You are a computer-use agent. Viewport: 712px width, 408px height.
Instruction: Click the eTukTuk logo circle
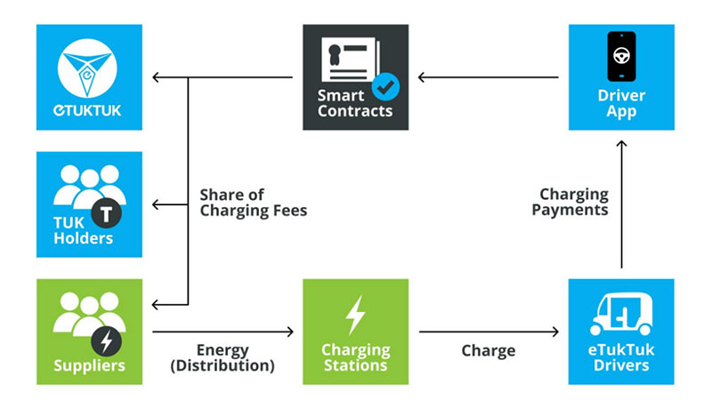click(87, 68)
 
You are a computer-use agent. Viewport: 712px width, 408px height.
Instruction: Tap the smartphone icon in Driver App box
click(621, 57)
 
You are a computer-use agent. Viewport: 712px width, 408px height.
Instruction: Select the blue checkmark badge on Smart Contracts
click(386, 86)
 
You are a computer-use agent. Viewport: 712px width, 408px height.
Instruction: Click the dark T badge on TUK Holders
click(106, 213)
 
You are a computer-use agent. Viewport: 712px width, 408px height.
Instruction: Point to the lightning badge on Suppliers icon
click(106, 341)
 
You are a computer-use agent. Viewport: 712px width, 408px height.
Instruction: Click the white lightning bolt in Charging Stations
click(355, 315)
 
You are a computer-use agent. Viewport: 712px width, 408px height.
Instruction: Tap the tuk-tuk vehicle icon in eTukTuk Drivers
click(621, 313)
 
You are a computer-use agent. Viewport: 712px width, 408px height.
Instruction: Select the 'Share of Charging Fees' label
click(254, 203)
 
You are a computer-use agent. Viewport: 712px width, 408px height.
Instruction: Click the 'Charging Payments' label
click(570, 202)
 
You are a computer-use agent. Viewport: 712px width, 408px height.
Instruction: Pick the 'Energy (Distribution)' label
click(222, 357)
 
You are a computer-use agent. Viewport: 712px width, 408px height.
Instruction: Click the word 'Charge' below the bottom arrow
click(489, 351)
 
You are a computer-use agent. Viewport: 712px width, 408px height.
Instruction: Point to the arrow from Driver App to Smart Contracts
click(488, 77)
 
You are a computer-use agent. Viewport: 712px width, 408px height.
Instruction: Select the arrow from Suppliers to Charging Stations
click(223, 332)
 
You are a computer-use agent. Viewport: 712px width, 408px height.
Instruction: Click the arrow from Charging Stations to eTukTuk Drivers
click(489, 332)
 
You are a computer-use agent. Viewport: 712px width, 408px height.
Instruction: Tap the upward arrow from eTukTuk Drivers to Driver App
click(621, 204)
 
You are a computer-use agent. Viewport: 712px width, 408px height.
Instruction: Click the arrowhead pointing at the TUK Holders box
click(155, 204)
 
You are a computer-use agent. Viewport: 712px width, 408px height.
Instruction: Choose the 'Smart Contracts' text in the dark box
click(355, 103)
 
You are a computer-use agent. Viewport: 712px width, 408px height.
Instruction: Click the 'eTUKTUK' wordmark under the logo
click(87, 110)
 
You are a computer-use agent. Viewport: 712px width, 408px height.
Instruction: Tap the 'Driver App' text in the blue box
click(621, 103)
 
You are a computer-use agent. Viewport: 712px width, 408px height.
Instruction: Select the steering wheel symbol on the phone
click(621, 56)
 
